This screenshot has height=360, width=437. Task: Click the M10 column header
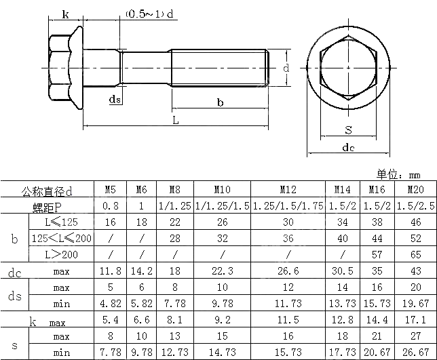pyautogui.click(x=222, y=189)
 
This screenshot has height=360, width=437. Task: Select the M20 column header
pyautogui.click(x=415, y=189)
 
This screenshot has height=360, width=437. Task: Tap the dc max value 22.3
pyautogui.click(x=222, y=271)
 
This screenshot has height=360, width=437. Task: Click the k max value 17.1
pyautogui.click(x=415, y=319)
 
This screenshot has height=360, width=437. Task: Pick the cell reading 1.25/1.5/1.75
pyautogui.click(x=288, y=205)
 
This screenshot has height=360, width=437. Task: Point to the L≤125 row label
pyautogui.click(x=61, y=222)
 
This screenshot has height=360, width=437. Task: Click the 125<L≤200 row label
pyautogui.click(x=61, y=238)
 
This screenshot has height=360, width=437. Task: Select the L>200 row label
pyautogui.click(x=61, y=254)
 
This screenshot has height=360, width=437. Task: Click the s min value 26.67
pyautogui.click(x=415, y=352)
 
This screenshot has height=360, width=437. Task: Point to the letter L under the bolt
pyautogui.click(x=175, y=120)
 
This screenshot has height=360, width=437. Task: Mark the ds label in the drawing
pyautogui.click(x=115, y=100)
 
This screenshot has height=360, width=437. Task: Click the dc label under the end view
pyautogui.click(x=348, y=147)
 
